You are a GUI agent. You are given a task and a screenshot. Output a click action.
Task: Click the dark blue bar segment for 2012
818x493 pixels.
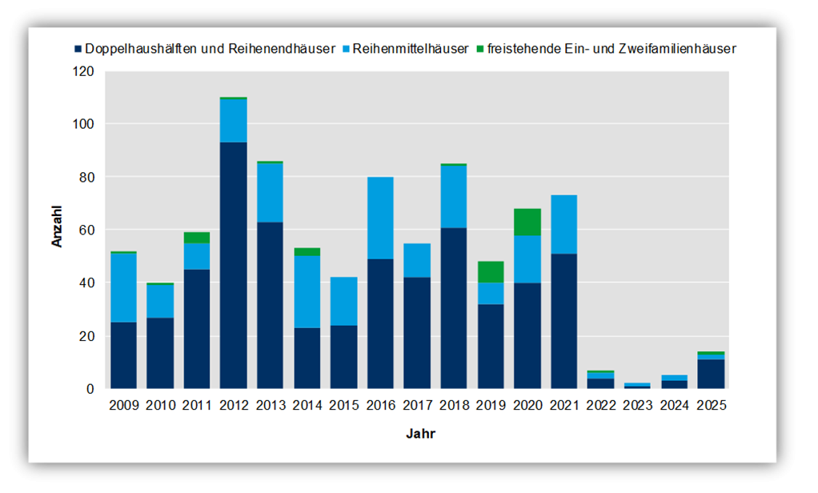click(234, 264)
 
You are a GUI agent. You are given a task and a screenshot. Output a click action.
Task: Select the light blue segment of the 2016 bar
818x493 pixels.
click(380, 218)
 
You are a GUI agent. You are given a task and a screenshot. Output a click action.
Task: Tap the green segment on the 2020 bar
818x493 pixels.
click(527, 222)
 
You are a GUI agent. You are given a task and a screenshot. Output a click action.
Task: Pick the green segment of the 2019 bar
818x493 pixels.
click(491, 272)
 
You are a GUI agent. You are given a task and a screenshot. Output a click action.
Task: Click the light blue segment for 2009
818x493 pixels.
click(123, 287)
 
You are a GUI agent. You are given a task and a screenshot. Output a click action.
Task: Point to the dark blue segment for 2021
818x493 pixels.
click(564, 320)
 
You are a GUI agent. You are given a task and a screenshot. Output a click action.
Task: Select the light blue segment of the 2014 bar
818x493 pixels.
click(307, 291)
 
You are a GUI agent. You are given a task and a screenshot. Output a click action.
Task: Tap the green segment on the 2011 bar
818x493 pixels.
click(197, 238)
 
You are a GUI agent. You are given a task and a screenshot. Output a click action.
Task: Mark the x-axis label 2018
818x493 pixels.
click(454, 406)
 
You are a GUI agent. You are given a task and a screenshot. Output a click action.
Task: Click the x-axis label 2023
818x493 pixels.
click(638, 406)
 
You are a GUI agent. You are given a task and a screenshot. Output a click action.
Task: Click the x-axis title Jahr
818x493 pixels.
click(420, 434)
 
